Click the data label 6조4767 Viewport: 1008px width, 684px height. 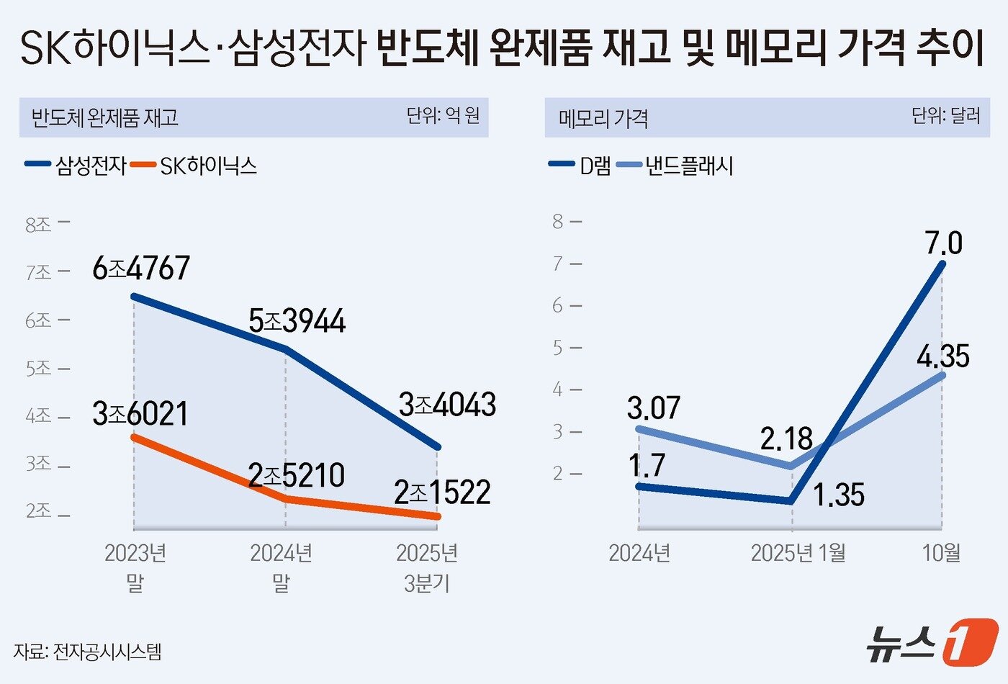coord(141,269)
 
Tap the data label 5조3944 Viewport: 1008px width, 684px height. coord(297,321)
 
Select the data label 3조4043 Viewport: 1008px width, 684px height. coord(447,405)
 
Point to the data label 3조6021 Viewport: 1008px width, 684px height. coord(140,414)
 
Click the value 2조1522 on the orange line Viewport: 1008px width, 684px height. coord(442,492)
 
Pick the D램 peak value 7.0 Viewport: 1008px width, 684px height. coord(943,243)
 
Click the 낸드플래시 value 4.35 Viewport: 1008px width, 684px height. coord(943,356)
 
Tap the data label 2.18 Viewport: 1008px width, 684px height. coord(786,438)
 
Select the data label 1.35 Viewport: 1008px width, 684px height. coord(839,495)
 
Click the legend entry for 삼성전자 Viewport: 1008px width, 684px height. coord(76,166)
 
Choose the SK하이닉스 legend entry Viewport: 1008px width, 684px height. coord(196,166)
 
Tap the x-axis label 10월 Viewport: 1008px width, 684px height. coord(942,553)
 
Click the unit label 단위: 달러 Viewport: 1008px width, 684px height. coord(945,116)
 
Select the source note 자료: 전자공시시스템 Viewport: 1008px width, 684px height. coord(87,652)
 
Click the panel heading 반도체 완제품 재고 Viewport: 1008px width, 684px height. coord(104,117)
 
